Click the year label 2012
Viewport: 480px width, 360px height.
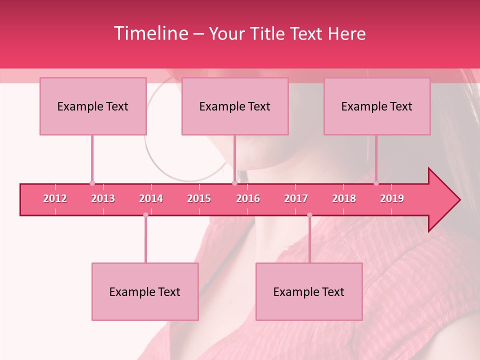[x=55, y=198]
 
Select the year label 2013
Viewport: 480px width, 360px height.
[x=103, y=198]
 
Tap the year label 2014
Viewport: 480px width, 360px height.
[x=151, y=198]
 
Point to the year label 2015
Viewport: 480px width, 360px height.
[x=199, y=198]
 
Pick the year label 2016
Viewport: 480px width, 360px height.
[x=248, y=198]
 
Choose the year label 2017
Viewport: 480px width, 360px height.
[x=296, y=198]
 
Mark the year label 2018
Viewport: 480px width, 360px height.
[x=344, y=198]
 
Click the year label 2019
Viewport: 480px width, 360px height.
[x=392, y=198]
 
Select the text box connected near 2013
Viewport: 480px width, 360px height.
[x=93, y=106]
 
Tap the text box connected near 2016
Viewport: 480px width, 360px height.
[x=235, y=106]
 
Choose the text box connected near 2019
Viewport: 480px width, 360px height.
[x=377, y=106]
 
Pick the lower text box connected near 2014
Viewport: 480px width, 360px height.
[x=145, y=291]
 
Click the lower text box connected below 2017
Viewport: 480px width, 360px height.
[x=309, y=291]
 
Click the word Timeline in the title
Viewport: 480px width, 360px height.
[x=150, y=33]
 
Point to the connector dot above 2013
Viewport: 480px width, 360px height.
[x=92, y=183]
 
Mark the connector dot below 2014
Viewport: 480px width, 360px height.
[x=145, y=215]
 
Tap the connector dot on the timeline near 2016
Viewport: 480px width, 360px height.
[x=234, y=183]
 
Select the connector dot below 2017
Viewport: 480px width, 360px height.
[x=309, y=215]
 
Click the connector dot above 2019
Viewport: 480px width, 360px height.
[x=376, y=183]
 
